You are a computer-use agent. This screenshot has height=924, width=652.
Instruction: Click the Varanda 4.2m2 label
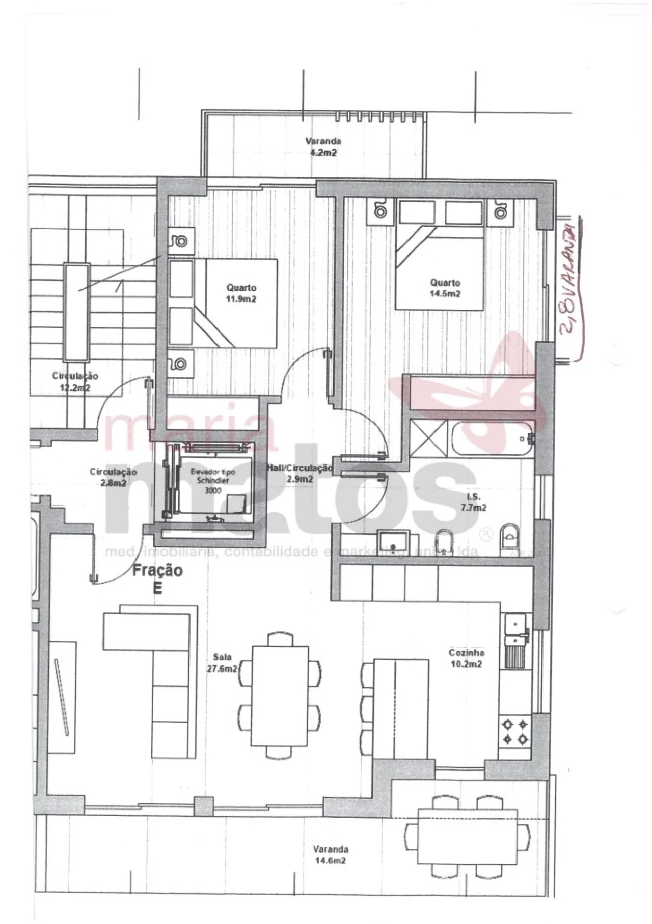pos(322,146)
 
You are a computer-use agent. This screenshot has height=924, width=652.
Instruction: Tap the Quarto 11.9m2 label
pos(241,293)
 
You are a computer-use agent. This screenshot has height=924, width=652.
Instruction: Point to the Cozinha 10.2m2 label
pos(466,658)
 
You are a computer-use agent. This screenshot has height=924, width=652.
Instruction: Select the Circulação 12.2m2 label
pos(75,381)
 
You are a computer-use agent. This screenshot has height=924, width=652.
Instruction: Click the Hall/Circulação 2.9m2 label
pos(300,473)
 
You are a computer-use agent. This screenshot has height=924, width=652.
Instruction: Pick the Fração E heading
pos(157,579)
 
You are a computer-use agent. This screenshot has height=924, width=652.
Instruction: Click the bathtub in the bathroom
pos(492,439)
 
